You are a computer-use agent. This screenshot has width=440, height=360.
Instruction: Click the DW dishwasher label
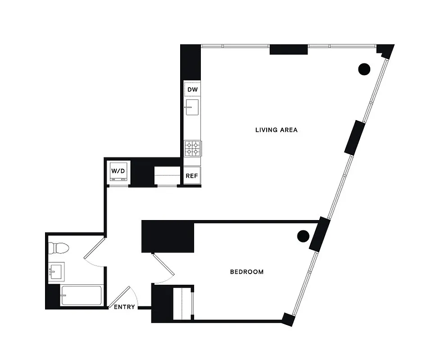point(192,90)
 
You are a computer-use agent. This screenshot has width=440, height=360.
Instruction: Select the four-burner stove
point(192,148)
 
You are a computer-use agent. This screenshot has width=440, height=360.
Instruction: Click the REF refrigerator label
point(191,176)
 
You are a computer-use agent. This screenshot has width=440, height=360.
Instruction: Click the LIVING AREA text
point(277,130)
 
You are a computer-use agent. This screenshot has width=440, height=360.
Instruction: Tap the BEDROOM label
point(246,272)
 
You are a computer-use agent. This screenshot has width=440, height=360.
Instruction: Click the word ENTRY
point(124,307)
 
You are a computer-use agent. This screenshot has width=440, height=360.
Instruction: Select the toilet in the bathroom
point(58,248)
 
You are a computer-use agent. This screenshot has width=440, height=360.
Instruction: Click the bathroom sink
point(56,271)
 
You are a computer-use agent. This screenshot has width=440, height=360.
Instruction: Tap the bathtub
point(81,295)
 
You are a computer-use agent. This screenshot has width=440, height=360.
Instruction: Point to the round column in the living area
point(364,68)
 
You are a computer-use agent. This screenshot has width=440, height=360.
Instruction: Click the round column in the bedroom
point(303,235)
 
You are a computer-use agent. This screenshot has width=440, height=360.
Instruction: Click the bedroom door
point(163,266)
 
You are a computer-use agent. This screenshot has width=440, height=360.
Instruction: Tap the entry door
point(121,297)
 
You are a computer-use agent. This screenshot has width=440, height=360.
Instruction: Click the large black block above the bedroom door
point(168,236)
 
